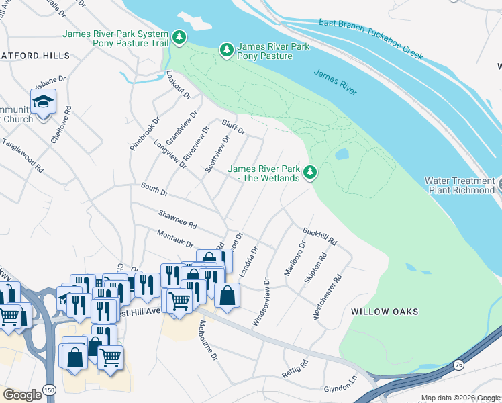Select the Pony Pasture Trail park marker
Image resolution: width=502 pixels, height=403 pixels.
pos(179,37)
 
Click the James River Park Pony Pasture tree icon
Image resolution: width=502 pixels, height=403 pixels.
pos(227,50)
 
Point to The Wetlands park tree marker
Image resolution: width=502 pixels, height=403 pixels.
pos(310,173)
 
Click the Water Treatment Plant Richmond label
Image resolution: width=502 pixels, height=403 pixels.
pos(459,185)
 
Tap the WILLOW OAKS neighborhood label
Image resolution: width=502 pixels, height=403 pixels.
pos(385,312)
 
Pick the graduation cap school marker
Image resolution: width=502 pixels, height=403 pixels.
pos(42,102)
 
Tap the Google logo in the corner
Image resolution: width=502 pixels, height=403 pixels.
pos(22,395)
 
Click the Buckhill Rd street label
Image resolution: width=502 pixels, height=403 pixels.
pos(319,236)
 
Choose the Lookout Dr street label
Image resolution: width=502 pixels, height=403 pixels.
pos(174,86)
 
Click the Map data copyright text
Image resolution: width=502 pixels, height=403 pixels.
pos(460,398)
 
